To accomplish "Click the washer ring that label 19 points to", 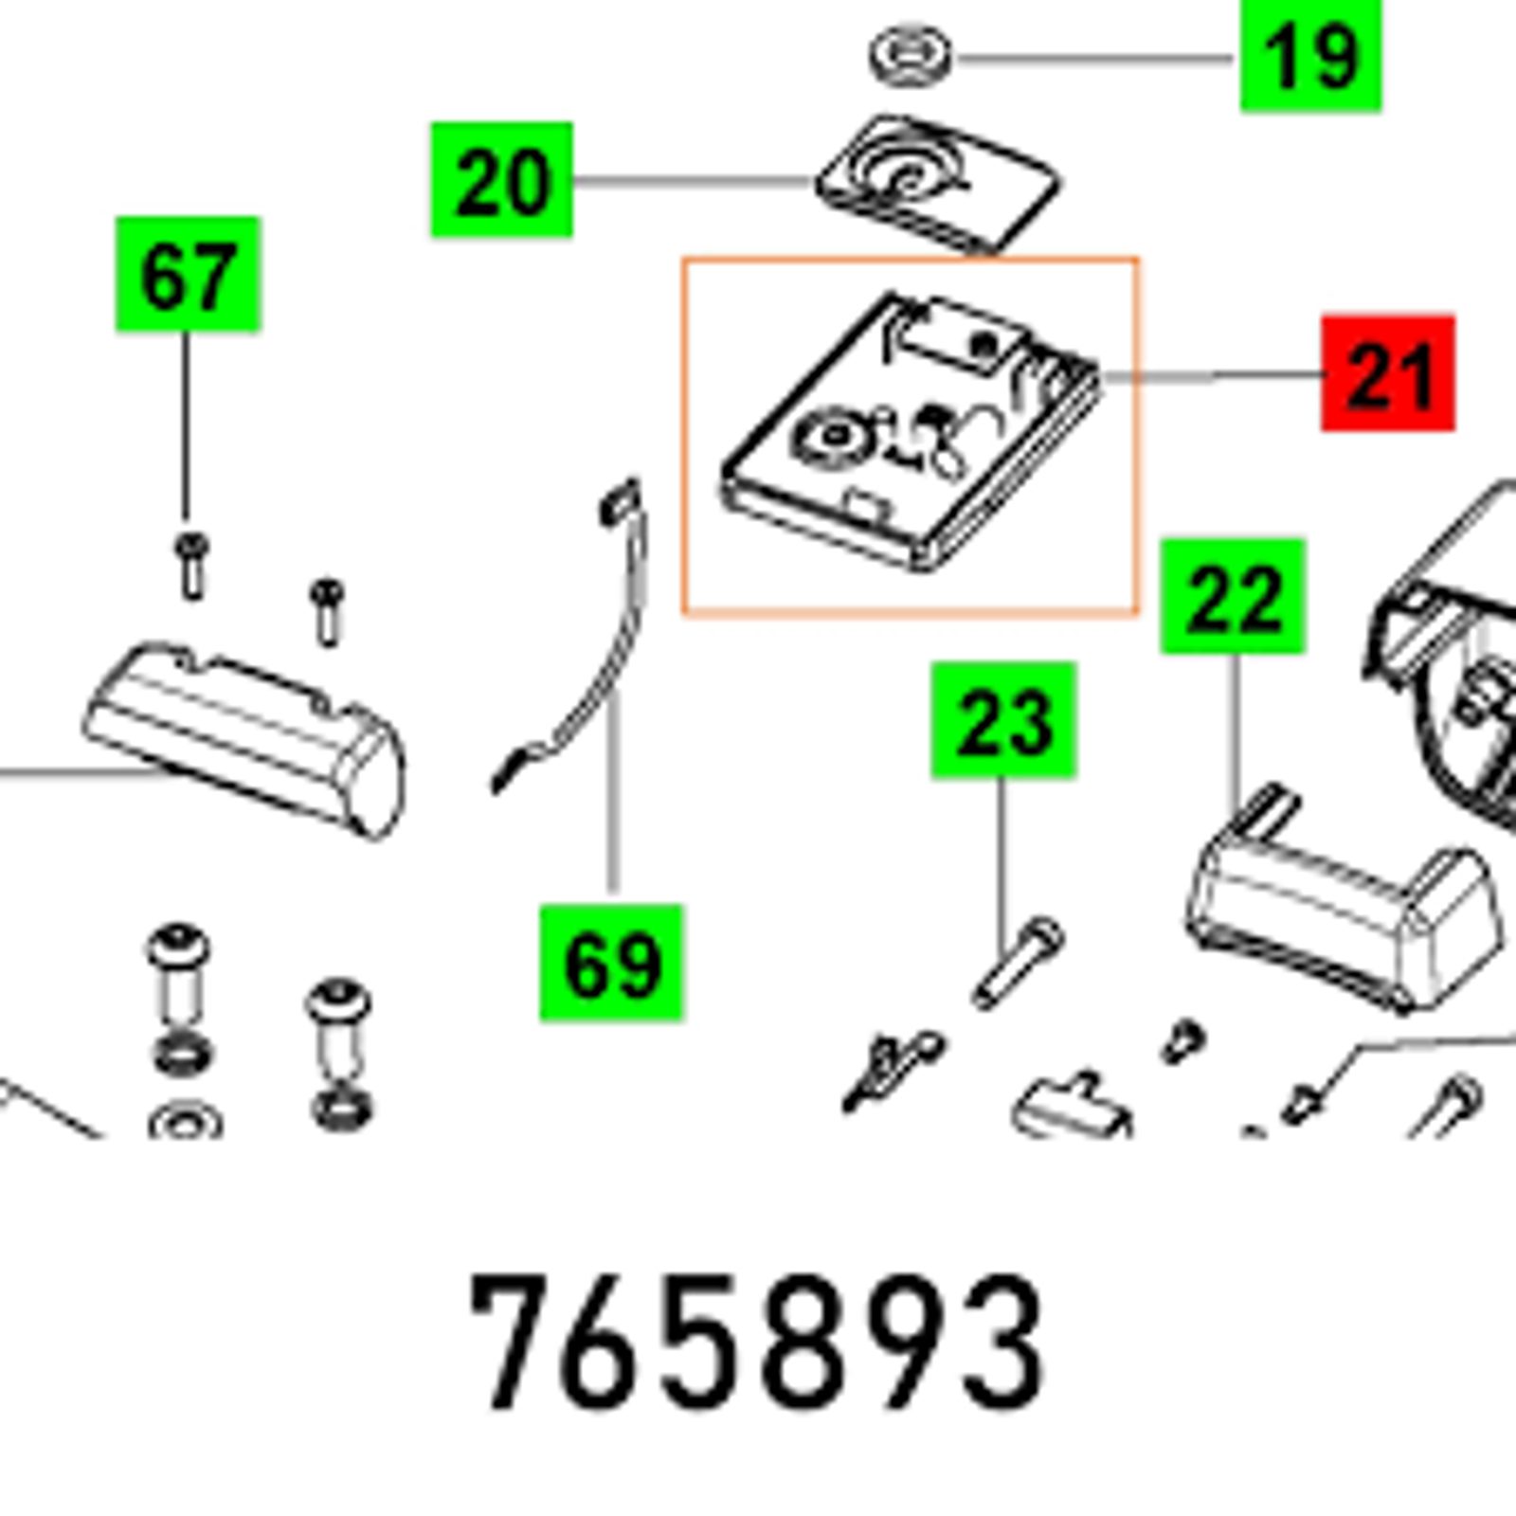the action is click(x=911, y=53).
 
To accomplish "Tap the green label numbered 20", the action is click(x=501, y=179).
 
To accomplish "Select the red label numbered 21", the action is click(x=1388, y=373).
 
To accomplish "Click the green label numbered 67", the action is click(x=188, y=274).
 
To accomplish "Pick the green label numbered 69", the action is click(x=611, y=963).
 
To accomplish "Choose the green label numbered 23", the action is click(x=1003, y=721).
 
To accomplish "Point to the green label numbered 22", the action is click(x=1233, y=596).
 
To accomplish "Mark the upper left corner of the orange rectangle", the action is click(x=684, y=258).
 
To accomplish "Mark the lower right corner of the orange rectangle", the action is click(x=1137, y=614).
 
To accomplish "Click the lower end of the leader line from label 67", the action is click(x=187, y=519).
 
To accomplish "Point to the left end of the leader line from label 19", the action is click(x=959, y=59).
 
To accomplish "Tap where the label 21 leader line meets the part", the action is click(x=1101, y=378).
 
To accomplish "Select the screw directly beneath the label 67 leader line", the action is click(x=191, y=566).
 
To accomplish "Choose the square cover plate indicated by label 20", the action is click(x=938, y=184).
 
